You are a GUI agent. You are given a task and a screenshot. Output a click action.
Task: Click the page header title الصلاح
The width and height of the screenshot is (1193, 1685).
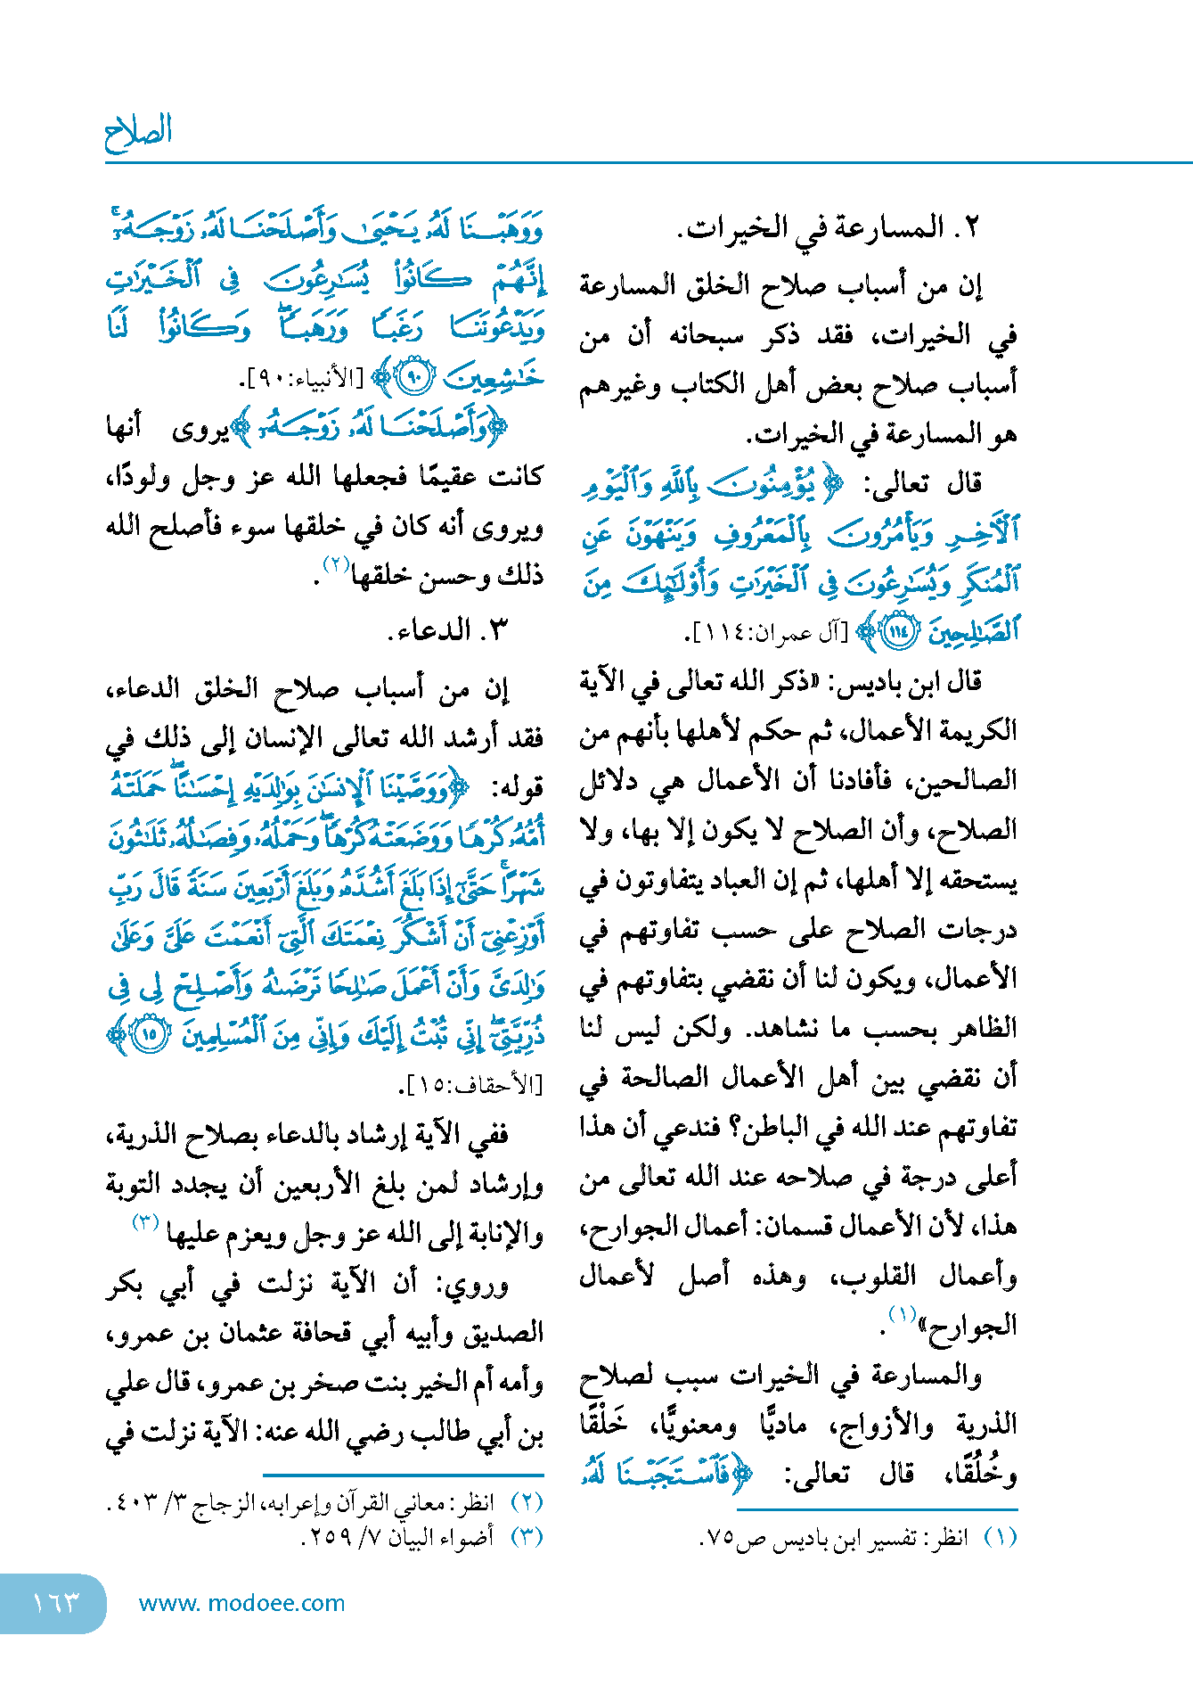pyautogui.click(x=138, y=132)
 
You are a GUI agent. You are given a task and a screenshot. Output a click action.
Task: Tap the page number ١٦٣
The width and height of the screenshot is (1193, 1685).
pyautogui.click(x=55, y=1602)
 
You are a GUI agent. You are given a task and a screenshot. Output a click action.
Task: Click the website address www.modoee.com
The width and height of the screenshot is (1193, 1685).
pyautogui.click(x=241, y=1603)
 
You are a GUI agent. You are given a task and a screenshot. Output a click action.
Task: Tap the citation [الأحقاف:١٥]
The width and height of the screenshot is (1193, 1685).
pyautogui.click(x=470, y=1085)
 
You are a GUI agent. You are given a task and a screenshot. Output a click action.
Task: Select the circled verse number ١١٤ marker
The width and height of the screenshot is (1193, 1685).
pyautogui.click(x=898, y=631)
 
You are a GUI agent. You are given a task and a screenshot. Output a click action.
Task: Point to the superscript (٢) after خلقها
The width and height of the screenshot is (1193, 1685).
pyautogui.click(x=337, y=565)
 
